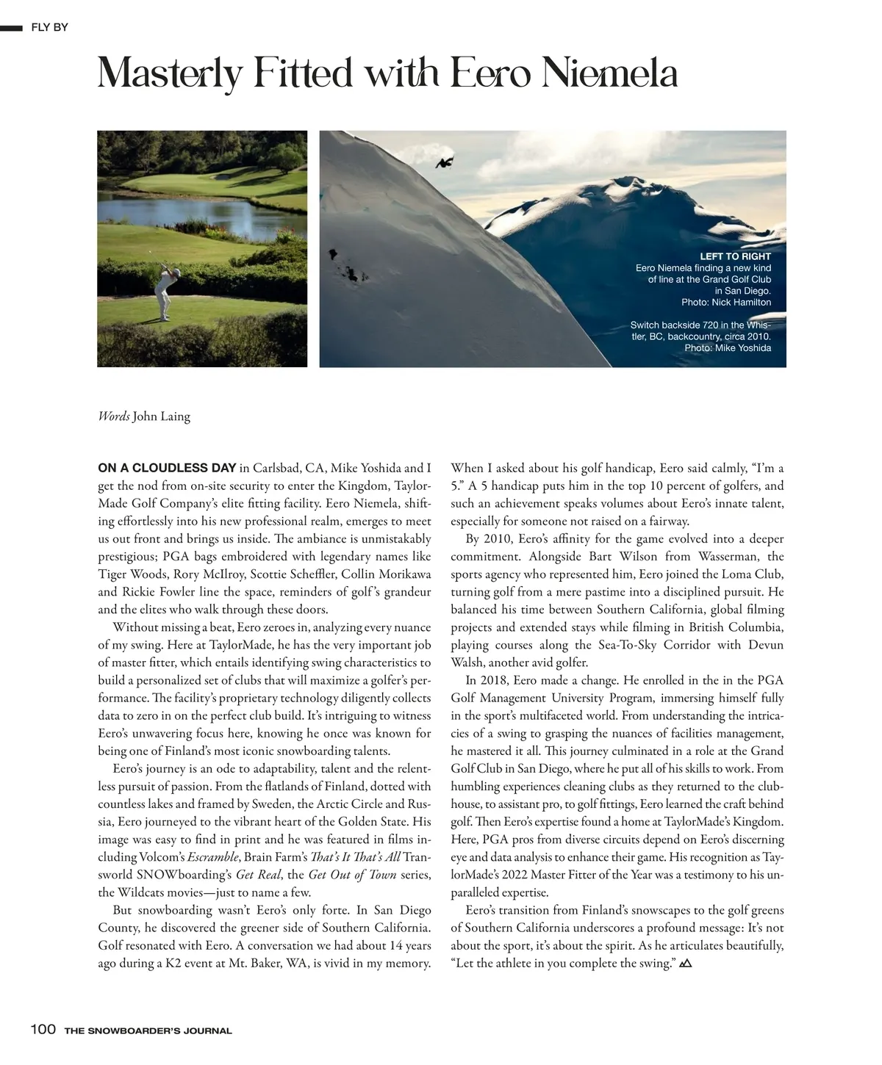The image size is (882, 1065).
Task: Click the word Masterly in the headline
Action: coord(171,74)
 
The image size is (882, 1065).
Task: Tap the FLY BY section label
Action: coord(49,28)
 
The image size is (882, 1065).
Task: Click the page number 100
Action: coord(43,1029)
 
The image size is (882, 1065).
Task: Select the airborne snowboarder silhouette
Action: coord(444,163)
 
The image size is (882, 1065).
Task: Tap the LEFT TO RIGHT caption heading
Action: coord(734,256)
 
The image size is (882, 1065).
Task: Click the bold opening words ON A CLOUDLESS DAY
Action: coord(167,468)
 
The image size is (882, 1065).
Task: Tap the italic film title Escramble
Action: coord(213,857)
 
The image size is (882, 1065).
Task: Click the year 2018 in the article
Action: coord(481,680)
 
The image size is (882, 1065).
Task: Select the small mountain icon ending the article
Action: coord(686,963)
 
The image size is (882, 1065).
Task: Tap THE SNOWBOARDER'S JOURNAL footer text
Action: coord(148,1030)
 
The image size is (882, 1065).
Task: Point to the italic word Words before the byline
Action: coord(114,416)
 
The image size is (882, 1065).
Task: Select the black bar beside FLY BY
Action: coord(12,28)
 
